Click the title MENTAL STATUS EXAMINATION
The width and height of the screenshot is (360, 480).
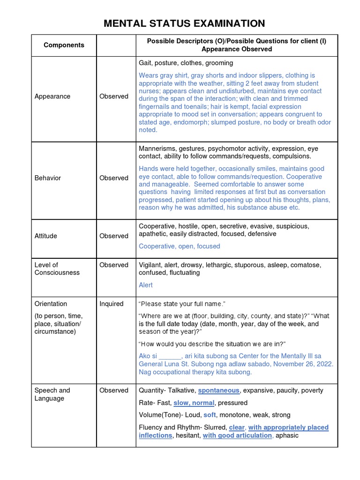click(x=184, y=23)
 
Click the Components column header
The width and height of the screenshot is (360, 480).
click(x=64, y=45)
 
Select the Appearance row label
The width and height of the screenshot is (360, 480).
click(x=52, y=96)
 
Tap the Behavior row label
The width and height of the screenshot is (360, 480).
click(x=48, y=178)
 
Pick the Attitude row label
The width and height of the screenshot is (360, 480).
click(x=46, y=236)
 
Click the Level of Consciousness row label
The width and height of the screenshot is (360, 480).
click(x=57, y=269)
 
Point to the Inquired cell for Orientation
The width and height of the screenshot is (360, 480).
click(x=112, y=304)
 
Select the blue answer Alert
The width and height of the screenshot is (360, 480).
click(x=146, y=285)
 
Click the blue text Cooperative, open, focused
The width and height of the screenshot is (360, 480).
click(x=179, y=246)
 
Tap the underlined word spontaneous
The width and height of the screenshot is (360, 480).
click(x=218, y=390)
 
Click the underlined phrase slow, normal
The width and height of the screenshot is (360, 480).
click(x=194, y=403)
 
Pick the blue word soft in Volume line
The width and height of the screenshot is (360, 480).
click(x=210, y=415)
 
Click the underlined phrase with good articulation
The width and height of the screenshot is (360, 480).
click(x=237, y=435)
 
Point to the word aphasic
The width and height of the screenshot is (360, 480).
click(x=287, y=435)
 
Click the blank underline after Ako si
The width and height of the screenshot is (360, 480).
click(x=170, y=356)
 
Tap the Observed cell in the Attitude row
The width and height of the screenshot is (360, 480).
click(x=114, y=236)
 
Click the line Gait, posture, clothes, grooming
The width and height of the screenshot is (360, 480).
click(x=186, y=63)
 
